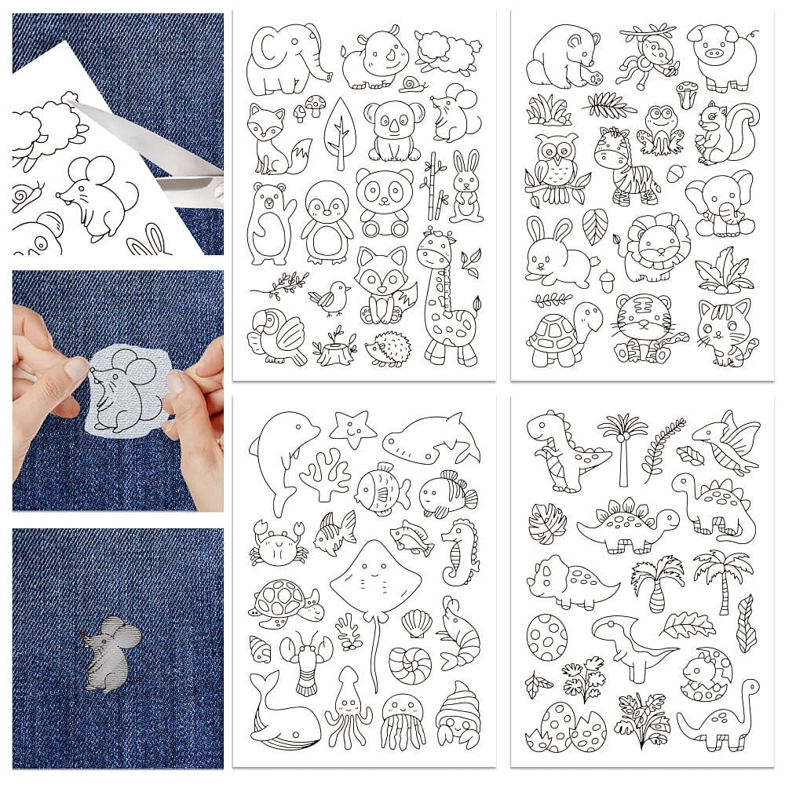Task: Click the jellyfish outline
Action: pos(402,721)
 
